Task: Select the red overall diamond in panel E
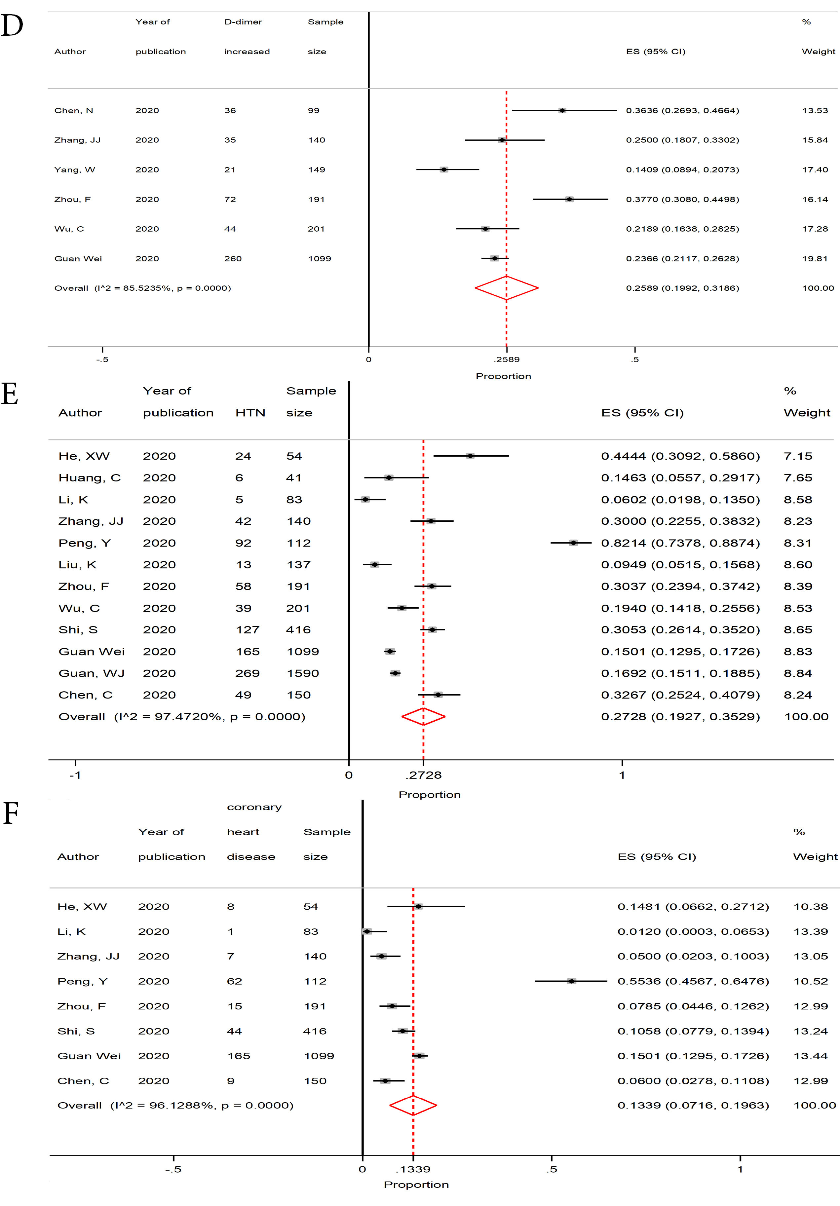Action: tap(423, 716)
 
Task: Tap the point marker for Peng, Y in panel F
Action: tap(571, 981)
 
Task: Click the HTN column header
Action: tap(250, 413)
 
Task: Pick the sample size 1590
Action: tap(303, 673)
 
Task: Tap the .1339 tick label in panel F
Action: tap(413, 1169)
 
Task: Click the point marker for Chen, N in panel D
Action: tap(562, 110)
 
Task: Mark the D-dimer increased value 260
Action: tap(233, 258)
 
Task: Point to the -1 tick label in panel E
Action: tap(75, 775)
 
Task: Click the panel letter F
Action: tap(11, 813)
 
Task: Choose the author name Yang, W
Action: tap(75, 170)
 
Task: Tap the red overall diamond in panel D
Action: tap(507, 288)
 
